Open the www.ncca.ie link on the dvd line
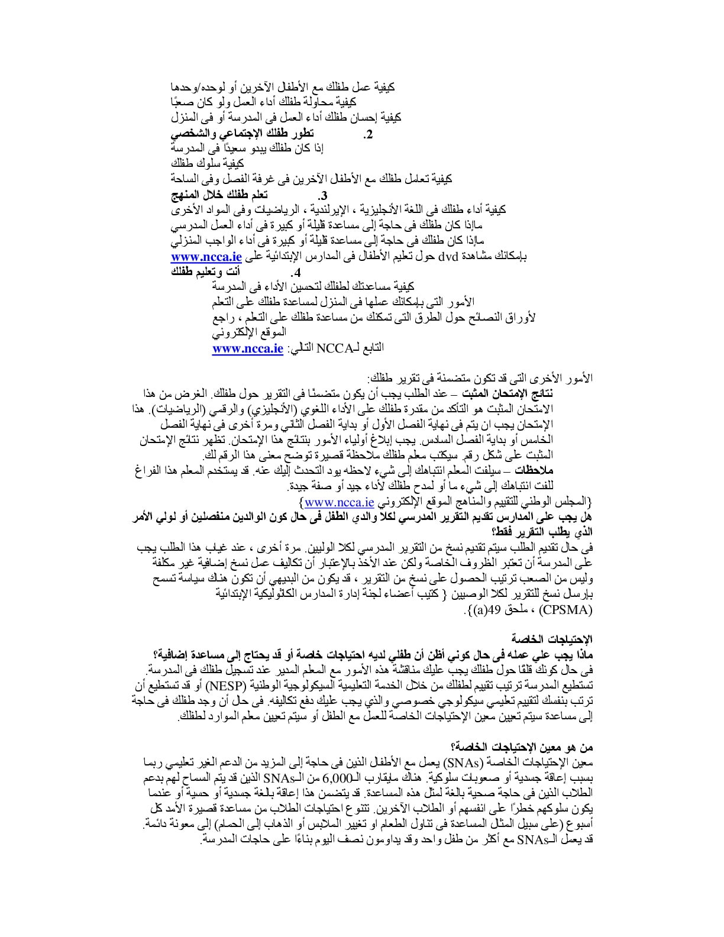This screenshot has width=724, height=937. pos(206,257)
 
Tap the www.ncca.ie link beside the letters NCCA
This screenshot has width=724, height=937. pos(248,348)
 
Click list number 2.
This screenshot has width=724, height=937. pos(368,134)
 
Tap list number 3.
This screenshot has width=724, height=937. pos(323,196)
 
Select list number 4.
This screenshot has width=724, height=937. pos(296,273)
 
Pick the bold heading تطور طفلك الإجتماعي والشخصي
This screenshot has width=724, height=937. pos(243,133)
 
